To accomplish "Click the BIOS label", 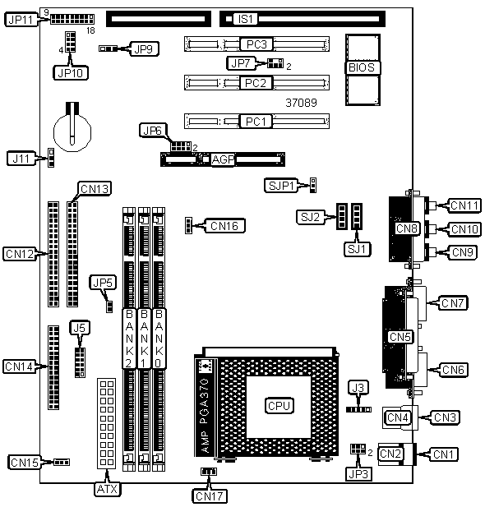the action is (362, 67).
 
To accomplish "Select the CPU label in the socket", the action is (279, 406).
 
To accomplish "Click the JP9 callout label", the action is (144, 49).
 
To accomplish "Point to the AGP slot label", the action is (224, 159).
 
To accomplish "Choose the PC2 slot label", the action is (256, 83).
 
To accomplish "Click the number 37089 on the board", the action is (301, 103).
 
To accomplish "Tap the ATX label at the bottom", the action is (108, 489).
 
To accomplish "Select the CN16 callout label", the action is (224, 226).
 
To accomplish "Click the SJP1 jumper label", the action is (281, 186).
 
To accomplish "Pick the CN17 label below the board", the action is (210, 496).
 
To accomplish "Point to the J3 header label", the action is (358, 388).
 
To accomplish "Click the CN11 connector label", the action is (464, 205).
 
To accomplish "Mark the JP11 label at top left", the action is (21, 20).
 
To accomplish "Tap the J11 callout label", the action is (21, 159).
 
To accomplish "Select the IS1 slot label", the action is (246, 19).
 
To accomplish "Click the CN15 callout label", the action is (25, 463).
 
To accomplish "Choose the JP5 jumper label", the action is (103, 283).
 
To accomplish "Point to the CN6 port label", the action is (453, 370).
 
